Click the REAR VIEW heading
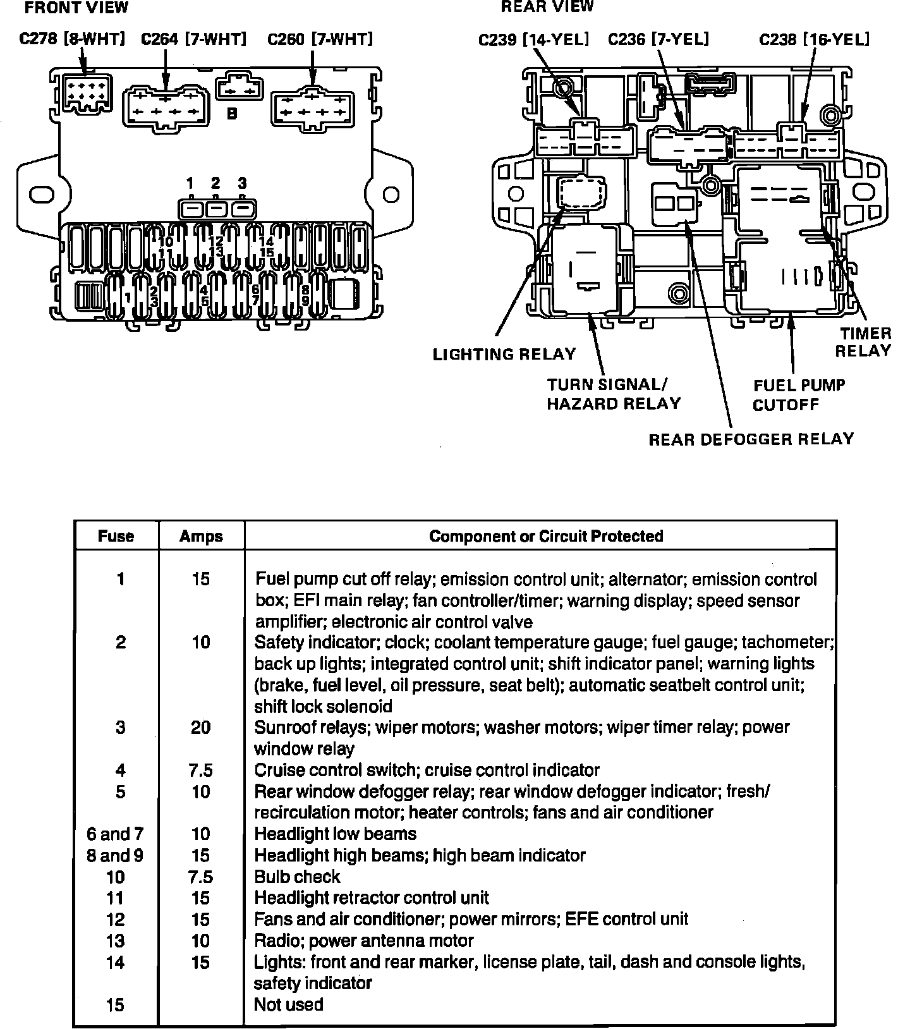[x=547, y=7]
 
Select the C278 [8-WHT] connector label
[x=72, y=39]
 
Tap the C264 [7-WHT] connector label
[x=193, y=39]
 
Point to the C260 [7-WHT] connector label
[x=320, y=39]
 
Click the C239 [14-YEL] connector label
[x=533, y=40]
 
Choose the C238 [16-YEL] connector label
[x=814, y=40]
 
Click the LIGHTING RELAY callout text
[x=504, y=354]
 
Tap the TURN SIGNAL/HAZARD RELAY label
[x=614, y=394]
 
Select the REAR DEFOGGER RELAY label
[x=751, y=439]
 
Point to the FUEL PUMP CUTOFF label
[x=799, y=395]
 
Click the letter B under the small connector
[x=232, y=114]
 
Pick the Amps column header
[x=201, y=536]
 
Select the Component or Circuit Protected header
[x=546, y=536]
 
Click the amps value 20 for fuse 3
[x=201, y=728]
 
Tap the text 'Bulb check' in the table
[x=297, y=877]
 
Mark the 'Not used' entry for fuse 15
[x=288, y=1004]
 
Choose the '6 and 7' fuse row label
[x=115, y=834]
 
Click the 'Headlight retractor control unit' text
[x=372, y=898]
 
